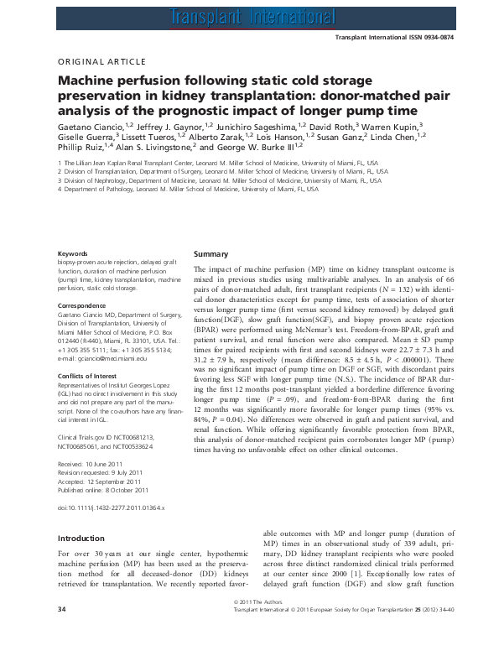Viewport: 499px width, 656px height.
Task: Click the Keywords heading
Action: [x=71, y=253]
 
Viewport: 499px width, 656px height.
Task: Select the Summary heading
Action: [x=211, y=253]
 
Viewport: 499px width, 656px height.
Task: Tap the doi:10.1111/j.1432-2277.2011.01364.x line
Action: [x=111, y=508]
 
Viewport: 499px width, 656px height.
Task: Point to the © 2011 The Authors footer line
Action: [x=249, y=626]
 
